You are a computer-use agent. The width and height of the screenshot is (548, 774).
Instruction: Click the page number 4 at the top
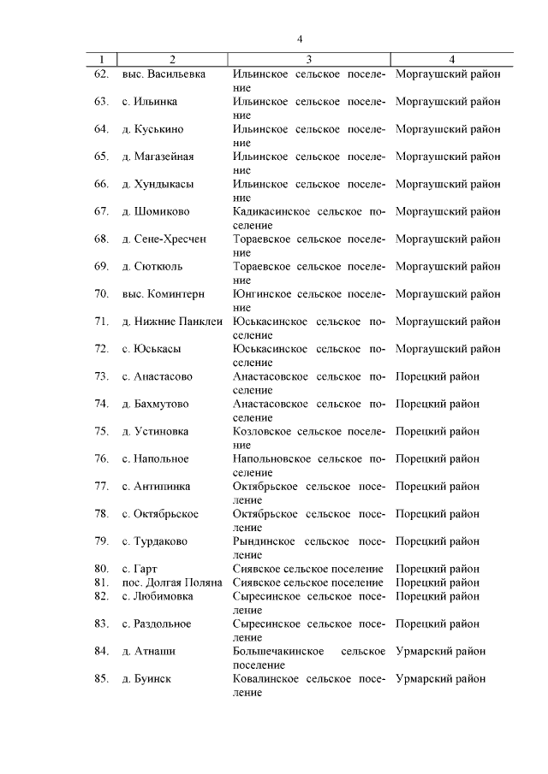tap(301, 38)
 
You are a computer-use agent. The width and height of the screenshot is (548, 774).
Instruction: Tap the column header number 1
tap(102, 59)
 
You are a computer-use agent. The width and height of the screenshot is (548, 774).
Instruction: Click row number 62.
tap(101, 74)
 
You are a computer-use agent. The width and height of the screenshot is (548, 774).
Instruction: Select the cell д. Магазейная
tap(158, 157)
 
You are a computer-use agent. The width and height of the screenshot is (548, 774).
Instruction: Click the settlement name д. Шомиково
tap(156, 211)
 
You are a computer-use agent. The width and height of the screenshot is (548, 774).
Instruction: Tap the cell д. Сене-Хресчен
tap(164, 239)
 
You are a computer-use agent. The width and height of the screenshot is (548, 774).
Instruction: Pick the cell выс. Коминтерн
tap(164, 294)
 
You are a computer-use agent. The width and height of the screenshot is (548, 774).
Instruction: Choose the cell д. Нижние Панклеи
tap(171, 322)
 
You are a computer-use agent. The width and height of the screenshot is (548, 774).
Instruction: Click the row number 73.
tap(101, 376)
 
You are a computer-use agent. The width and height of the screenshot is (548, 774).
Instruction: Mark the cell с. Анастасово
tap(158, 376)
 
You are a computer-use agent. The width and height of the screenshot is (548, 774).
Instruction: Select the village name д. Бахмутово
tap(156, 404)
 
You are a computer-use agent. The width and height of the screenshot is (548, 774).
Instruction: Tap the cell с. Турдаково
tap(155, 541)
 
